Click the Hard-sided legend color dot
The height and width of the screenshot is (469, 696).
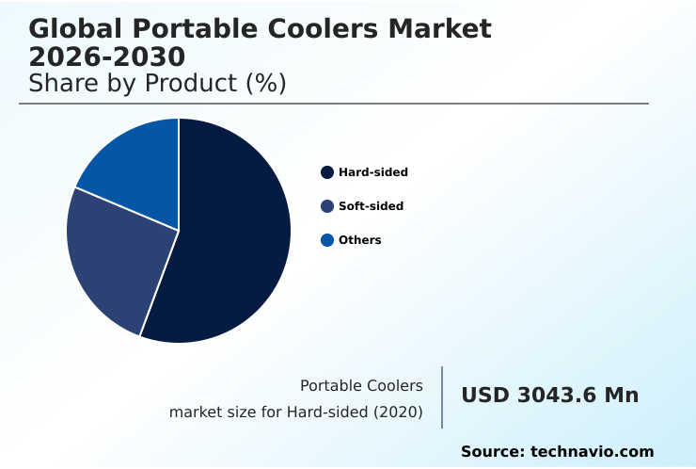point(327,172)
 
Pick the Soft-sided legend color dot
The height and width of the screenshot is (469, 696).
point(327,206)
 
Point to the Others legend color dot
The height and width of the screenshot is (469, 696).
point(327,240)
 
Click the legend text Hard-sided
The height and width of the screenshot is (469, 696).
point(373,172)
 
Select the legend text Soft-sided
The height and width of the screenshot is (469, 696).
point(371,206)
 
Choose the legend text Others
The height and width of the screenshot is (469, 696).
point(360,240)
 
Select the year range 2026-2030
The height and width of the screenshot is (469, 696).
point(106,57)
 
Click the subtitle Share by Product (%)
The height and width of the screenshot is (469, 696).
point(157,84)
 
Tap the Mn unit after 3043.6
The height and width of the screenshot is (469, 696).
point(622,396)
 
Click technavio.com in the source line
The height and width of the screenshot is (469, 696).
point(593,452)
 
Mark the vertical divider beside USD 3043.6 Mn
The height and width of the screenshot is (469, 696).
point(442,397)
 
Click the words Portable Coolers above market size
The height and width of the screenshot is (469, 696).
point(361,386)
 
